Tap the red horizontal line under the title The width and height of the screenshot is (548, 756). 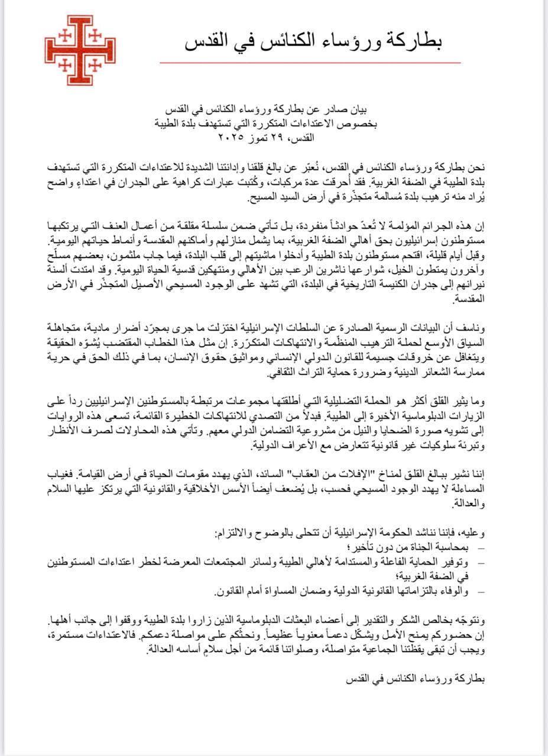click(x=310, y=62)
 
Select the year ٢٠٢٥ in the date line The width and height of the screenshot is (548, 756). click(x=231, y=138)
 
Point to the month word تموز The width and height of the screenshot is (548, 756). click(x=262, y=138)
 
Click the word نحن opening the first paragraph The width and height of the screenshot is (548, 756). click(x=475, y=167)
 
